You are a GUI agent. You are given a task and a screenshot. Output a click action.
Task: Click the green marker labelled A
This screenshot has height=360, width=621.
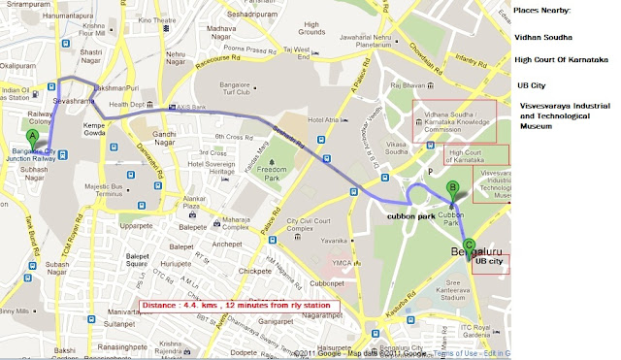pyautogui.click(x=32, y=139)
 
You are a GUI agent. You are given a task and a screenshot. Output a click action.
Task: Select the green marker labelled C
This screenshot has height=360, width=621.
pyautogui.click(x=470, y=246)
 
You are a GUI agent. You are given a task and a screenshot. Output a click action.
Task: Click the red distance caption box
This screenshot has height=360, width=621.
pyautogui.click(x=236, y=306)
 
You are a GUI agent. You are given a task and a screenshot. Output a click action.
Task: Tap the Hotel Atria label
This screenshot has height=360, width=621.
pyautogui.click(x=325, y=120)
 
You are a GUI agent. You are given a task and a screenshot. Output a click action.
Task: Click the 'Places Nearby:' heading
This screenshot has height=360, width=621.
pyautogui.click(x=543, y=11)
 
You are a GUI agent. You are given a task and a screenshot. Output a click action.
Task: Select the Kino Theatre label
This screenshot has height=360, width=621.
pyautogui.click(x=183, y=18)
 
